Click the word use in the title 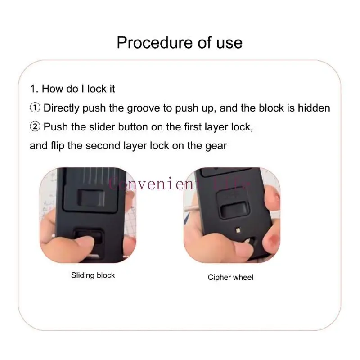[x=229, y=43]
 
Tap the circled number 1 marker [x=35, y=108]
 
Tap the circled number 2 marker [x=35, y=127]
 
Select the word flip [x=58, y=146]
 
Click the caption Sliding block [x=93, y=275]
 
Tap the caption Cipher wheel [x=230, y=277]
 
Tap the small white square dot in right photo [x=238, y=230]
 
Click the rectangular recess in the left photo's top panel [x=91, y=198]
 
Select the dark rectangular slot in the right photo [x=233, y=209]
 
